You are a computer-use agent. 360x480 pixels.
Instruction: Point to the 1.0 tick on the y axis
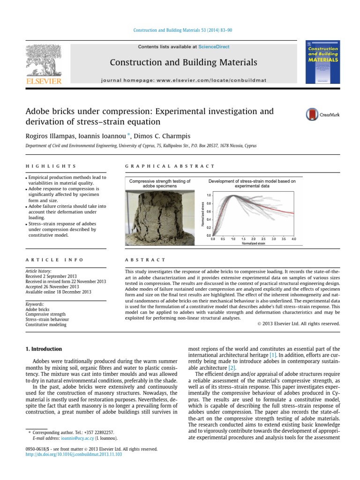[209, 195]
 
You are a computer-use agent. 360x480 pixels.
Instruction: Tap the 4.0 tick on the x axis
[293, 239]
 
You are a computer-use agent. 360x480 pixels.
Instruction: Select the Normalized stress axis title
[202, 214]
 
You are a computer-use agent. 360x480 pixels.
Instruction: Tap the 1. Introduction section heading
[44, 349]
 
